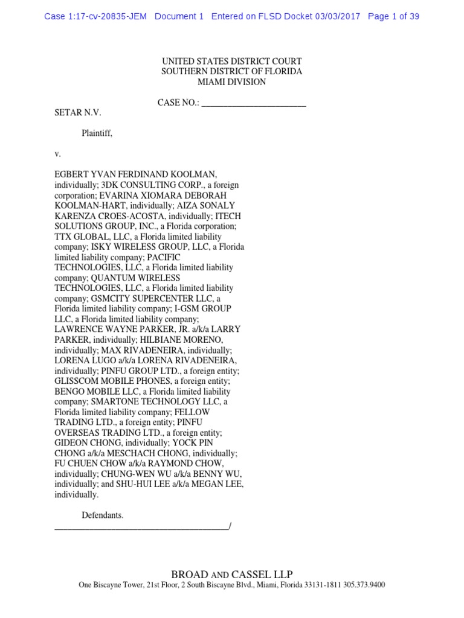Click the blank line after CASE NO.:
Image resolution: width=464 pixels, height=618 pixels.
[x=254, y=103]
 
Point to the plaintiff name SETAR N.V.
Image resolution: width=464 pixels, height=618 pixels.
[x=79, y=113]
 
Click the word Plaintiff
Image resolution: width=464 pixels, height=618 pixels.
[x=97, y=133]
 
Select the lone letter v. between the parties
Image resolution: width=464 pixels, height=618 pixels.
[x=58, y=154]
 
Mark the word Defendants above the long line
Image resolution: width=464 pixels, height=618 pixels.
[x=103, y=515]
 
